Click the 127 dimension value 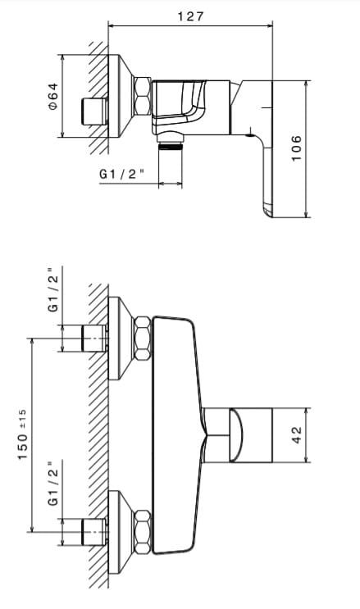(190, 16)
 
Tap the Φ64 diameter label (53, 96)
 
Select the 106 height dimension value (296, 148)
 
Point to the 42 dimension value (296, 435)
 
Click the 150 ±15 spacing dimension (22, 434)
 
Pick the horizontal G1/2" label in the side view (121, 174)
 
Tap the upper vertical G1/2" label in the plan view (53, 289)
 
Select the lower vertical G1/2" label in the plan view (53, 484)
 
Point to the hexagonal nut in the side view (142, 96)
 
